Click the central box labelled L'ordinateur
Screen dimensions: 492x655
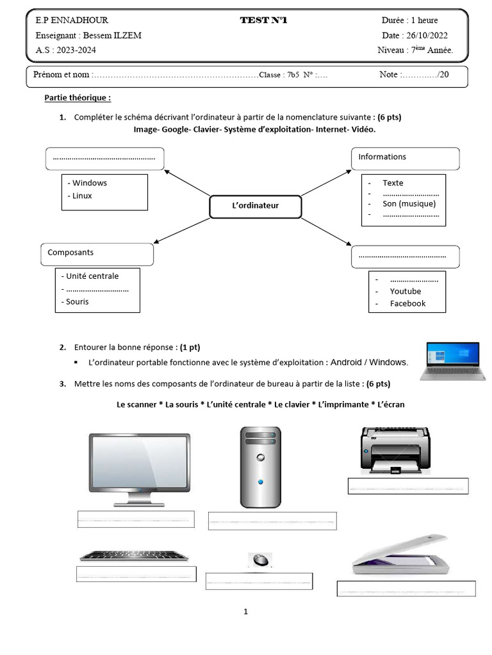pyautogui.click(x=255, y=207)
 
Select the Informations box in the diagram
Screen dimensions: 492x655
pyautogui.click(x=405, y=159)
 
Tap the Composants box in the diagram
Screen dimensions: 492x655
pyautogui.click(x=97, y=255)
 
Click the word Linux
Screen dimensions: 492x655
pyautogui.click(x=82, y=196)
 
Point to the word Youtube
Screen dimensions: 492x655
pyautogui.click(x=406, y=291)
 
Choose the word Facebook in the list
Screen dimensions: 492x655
pyautogui.click(x=407, y=304)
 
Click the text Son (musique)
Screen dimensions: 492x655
pyautogui.click(x=409, y=204)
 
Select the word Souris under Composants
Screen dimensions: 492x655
pyautogui.click(x=78, y=302)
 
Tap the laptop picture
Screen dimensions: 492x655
pyautogui.click(x=453, y=361)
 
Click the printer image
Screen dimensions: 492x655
pyautogui.click(x=395, y=450)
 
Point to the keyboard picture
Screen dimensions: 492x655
pyautogui.click(x=135, y=556)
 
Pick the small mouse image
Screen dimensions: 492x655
pyautogui.click(x=260, y=560)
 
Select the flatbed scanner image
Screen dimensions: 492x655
pyautogui.click(x=401, y=555)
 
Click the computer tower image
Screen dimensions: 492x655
pyautogui.click(x=261, y=467)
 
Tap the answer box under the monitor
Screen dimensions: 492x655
pyautogui.click(x=136, y=519)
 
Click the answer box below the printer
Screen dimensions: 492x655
pyautogui.click(x=408, y=486)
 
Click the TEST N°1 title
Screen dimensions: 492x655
pyautogui.click(x=263, y=20)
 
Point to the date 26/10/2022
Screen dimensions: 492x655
pyautogui.click(x=427, y=36)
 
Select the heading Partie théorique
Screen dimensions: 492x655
pyautogui.click(x=78, y=98)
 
